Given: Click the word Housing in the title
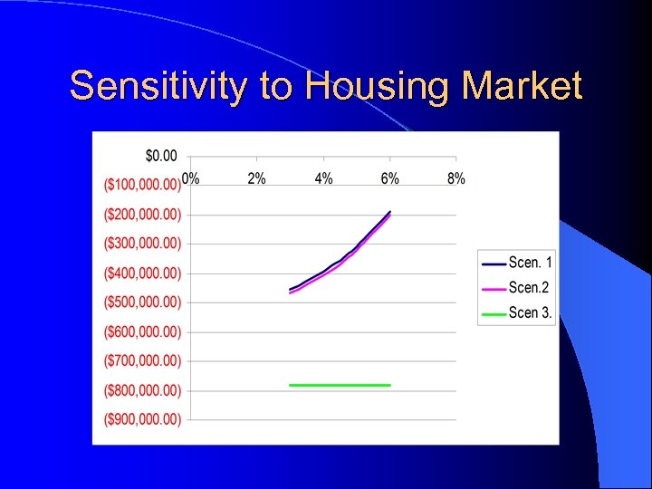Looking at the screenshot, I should (x=379, y=87).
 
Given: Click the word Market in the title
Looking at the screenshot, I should (x=523, y=87).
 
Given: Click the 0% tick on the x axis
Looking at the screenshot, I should (x=191, y=178).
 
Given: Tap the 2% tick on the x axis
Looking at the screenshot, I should (x=257, y=178).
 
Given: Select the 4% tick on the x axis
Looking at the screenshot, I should (x=323, y=178).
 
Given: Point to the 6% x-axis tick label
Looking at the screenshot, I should (x=390, y=178).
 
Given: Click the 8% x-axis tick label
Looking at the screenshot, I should (x=456, y=178).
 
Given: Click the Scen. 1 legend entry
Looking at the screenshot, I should (x=530, y=264).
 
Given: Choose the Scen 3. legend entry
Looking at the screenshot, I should (x=530, y=313).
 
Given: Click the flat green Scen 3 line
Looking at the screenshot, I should (x=340, y=385).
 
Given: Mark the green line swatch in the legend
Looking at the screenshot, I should (x=494, y=314).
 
